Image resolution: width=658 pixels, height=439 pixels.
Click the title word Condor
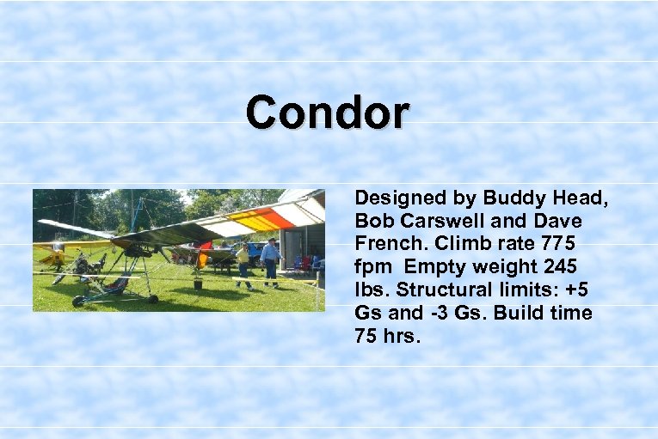click(328, 113)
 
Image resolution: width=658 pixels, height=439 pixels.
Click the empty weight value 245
click(559, 268)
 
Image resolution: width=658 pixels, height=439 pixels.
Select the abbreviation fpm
click(372, 268)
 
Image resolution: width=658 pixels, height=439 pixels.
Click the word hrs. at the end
click(401, 335)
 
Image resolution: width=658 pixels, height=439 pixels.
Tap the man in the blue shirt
click(270, 260)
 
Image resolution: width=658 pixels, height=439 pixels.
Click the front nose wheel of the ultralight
click(79, 301)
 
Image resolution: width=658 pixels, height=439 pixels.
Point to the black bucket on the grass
click(199, 284)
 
